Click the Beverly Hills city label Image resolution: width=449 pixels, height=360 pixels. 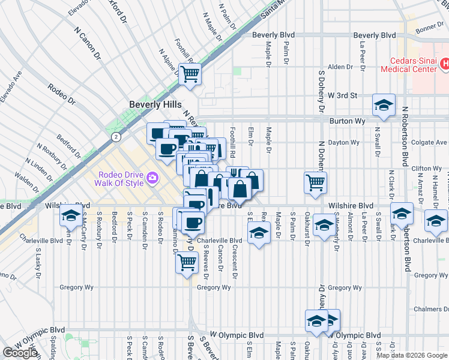155,104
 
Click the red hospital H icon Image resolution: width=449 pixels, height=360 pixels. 445,63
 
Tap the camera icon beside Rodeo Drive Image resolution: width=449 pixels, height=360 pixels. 152,178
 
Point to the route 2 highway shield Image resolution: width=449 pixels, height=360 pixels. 114,137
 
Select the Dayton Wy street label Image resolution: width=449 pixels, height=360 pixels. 344,143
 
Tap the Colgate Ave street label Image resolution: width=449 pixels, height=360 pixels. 430,143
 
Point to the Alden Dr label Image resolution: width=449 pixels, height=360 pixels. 340,67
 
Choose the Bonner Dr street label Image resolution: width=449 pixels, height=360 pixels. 429,28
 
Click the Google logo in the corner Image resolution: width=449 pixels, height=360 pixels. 20,352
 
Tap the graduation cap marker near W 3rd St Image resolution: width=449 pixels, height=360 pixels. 384,106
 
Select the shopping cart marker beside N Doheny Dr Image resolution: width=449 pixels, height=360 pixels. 315,183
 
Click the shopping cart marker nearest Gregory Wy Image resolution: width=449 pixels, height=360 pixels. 187,262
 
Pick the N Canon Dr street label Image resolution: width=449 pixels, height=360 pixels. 87,43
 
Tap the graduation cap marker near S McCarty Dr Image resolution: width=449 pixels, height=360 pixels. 71,216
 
